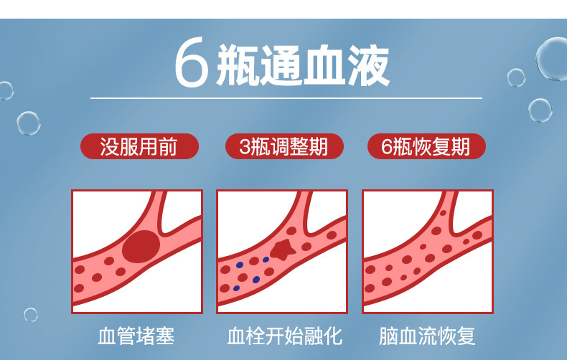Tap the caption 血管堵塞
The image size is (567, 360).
coord(136,336)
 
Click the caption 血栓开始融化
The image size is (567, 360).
coord(283,336)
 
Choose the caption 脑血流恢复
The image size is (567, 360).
coord(428,336)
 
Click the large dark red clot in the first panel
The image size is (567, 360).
coord(141,246)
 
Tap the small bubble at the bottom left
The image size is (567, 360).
coord(30,314)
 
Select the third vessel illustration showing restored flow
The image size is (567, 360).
coord(428,251)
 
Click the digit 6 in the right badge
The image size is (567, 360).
coord(387,147)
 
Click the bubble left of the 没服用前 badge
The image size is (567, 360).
coord(29,123)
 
